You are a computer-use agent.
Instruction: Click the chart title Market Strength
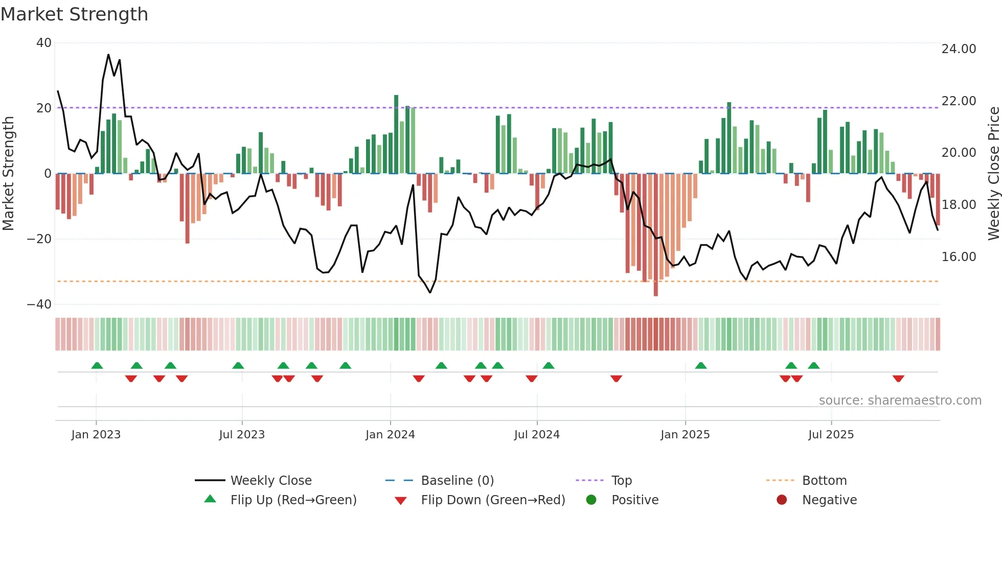pos(75,14)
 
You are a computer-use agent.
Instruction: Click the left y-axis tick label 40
pos(43,43)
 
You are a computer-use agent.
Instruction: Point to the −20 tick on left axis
pos(39,239)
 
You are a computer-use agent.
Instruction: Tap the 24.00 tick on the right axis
pos(959,49)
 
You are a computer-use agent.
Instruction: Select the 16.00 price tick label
pos(959,257)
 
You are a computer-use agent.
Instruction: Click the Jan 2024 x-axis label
pos(390,435)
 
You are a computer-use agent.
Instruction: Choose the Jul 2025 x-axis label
pos(831,435)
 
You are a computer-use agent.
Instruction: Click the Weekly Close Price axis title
pos(993,174)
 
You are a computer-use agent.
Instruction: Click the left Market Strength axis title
pos(9,174)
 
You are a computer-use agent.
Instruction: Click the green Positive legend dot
pos(591,500)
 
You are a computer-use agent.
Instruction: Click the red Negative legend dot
pos(782,500)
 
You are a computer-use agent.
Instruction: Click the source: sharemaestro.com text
pos(900,401)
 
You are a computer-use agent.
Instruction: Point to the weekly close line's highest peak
pos(108,55)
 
